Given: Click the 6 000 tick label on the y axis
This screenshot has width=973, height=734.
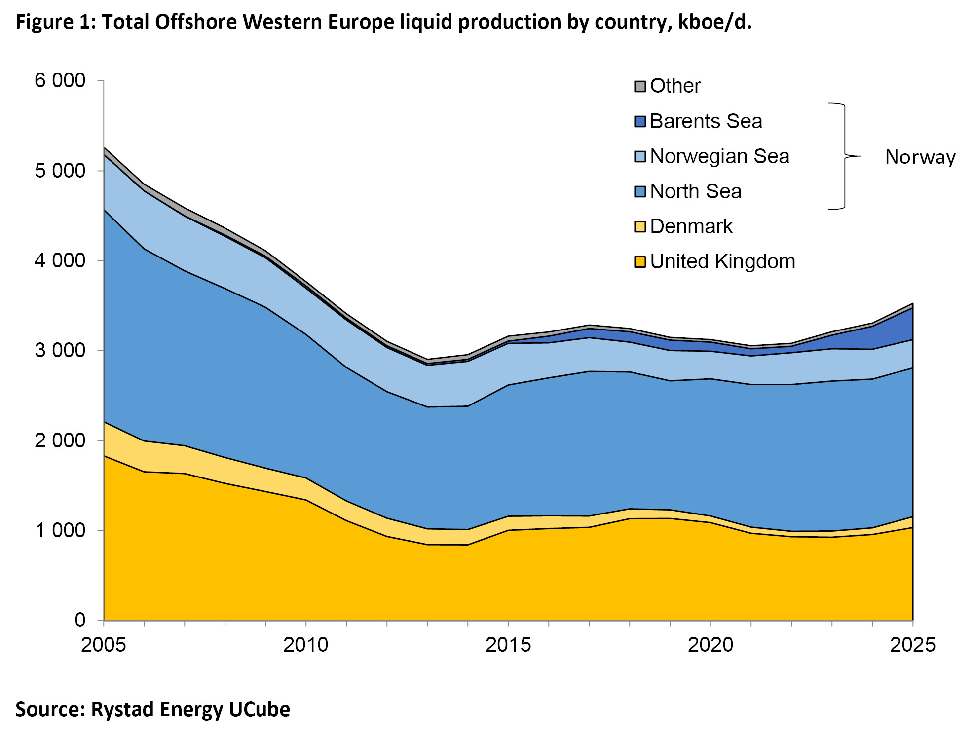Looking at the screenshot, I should [60, 80].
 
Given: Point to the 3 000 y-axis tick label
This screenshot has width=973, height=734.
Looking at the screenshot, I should [60, 350].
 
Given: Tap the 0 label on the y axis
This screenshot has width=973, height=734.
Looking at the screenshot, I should [80, 620].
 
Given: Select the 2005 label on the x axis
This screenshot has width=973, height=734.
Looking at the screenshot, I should [103, 645].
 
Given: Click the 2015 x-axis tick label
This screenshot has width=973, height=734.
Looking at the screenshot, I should [508, 645].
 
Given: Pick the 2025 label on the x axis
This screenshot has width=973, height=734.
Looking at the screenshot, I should [912, 645].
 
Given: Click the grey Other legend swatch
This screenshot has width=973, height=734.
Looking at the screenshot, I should [639, 86].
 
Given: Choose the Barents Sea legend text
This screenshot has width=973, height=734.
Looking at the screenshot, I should [706, 121].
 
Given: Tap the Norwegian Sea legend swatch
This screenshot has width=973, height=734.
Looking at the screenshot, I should [639, 157].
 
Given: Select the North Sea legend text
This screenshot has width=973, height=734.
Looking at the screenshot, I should [695, 191].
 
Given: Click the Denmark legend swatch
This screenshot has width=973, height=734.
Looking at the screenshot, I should [639, 227].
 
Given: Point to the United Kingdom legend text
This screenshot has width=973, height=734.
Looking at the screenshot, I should [722, 261].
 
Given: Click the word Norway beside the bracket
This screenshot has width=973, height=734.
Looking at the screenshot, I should [920, 157].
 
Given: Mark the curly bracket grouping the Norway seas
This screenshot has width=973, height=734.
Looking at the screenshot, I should [845, 156].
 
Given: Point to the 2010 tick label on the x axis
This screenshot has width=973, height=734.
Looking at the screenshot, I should [305, 645].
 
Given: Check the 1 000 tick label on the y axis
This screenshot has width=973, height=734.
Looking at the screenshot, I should [60, 530].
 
